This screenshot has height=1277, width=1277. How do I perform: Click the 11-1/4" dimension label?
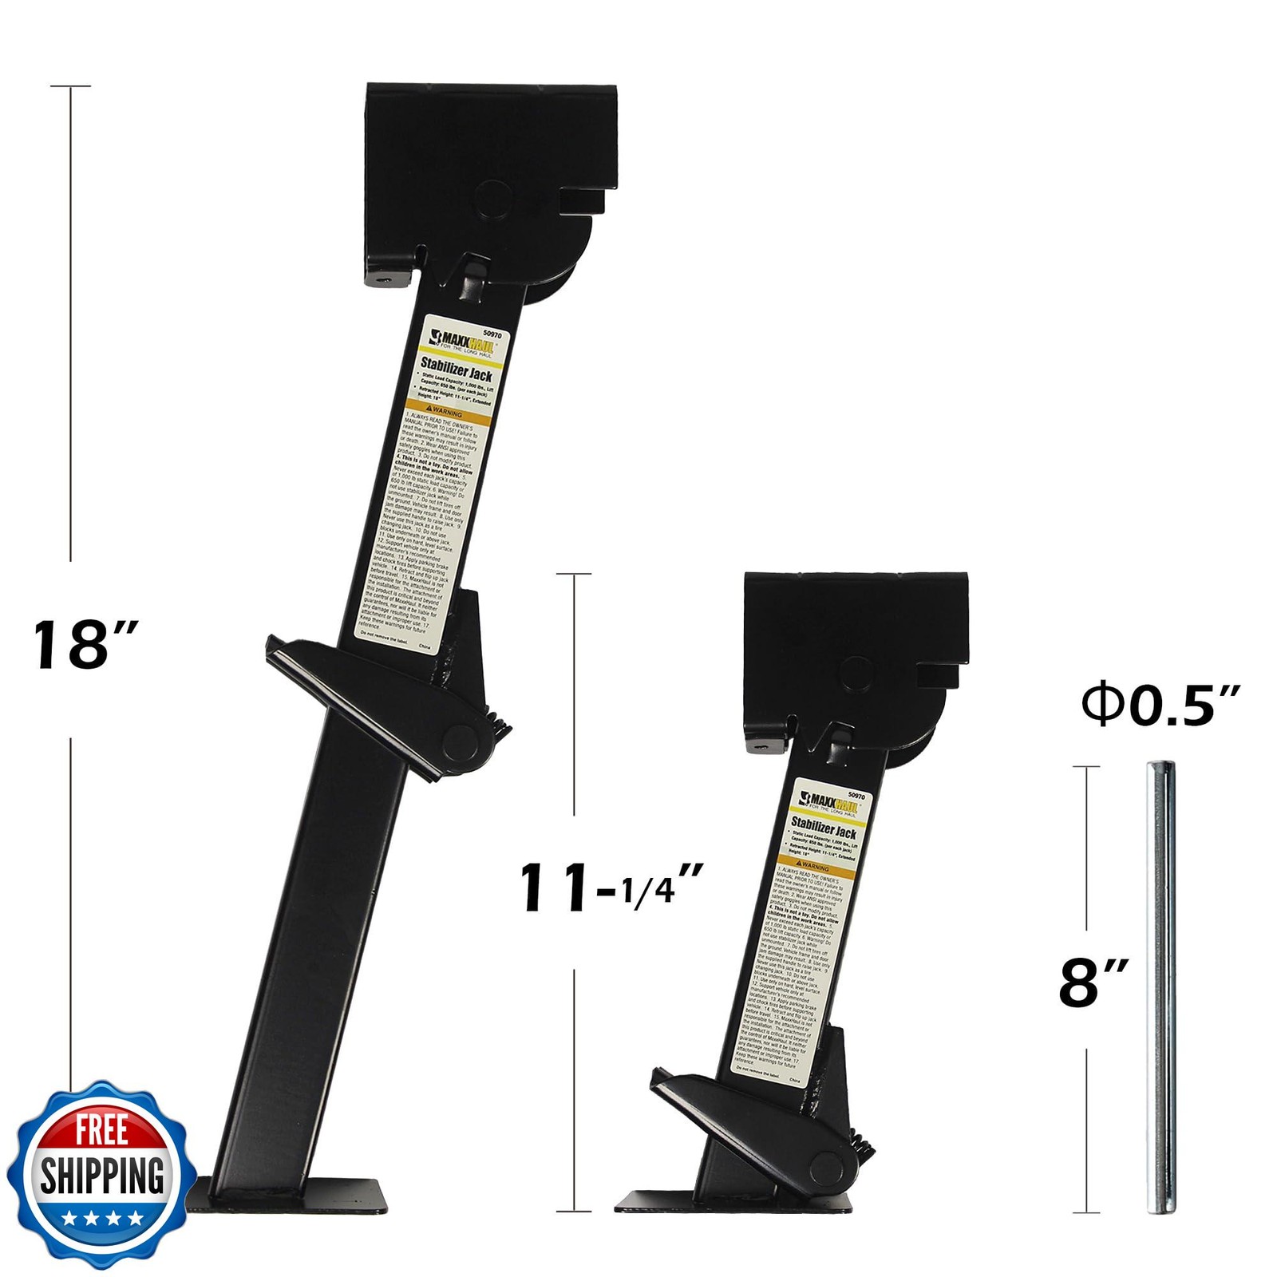pos(611,888)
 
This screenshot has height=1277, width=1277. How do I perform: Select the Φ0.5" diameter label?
pos(1160,705)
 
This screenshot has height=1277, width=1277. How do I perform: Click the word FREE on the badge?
pos(101,1130)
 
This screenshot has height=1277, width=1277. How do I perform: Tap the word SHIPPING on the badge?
pos(101,1176)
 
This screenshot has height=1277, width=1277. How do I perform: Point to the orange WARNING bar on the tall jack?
pos(445,413)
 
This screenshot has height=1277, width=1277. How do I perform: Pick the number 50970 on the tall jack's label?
pos(492,335)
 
